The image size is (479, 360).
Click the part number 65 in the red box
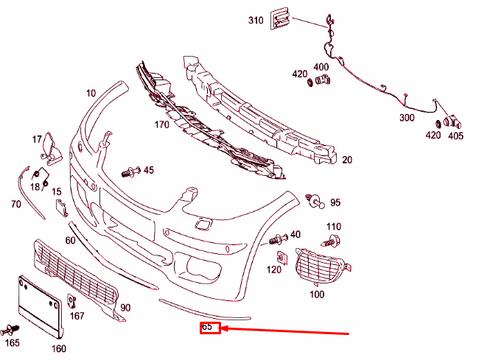coord(210,326)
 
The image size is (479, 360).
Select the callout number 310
coord(256,19)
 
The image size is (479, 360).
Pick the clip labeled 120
coord(282,258)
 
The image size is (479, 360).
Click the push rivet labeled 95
coord(315,199)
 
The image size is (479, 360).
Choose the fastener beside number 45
coord(131,172)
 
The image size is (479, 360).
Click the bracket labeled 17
coord(50,146)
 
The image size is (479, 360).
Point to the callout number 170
coord(162,124)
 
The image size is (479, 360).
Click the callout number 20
coord(347,160)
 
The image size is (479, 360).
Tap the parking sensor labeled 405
coord(450,121)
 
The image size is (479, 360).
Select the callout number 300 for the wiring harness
coord(407,118)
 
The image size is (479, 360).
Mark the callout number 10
coord(91,93)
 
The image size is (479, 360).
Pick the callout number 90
coord(125,307)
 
